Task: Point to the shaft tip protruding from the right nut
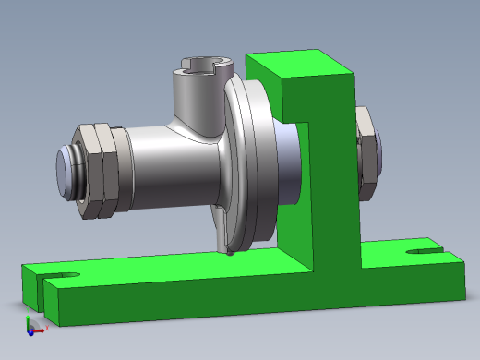point(379,152)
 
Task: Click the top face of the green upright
point(300,65)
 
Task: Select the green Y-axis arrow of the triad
point(29,319)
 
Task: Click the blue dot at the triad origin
point(30,330)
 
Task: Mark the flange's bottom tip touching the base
point(228,251)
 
